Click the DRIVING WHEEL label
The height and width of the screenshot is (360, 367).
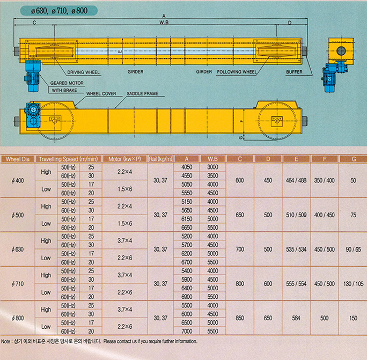[84, 72]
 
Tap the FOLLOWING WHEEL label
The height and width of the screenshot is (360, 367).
[237, 72]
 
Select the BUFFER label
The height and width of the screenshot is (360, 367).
[294, 72]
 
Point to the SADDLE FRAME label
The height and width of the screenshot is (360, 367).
[142, 94]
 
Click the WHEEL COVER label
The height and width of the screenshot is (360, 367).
[101, 94]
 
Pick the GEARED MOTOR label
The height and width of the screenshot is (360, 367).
[67, 83]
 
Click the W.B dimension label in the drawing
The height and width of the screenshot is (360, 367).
[164, 23]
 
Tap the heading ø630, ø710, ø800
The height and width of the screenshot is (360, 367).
[59, 11]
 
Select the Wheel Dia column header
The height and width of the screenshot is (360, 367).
[18, 159]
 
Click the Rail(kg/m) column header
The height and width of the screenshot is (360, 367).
[160, 159]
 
